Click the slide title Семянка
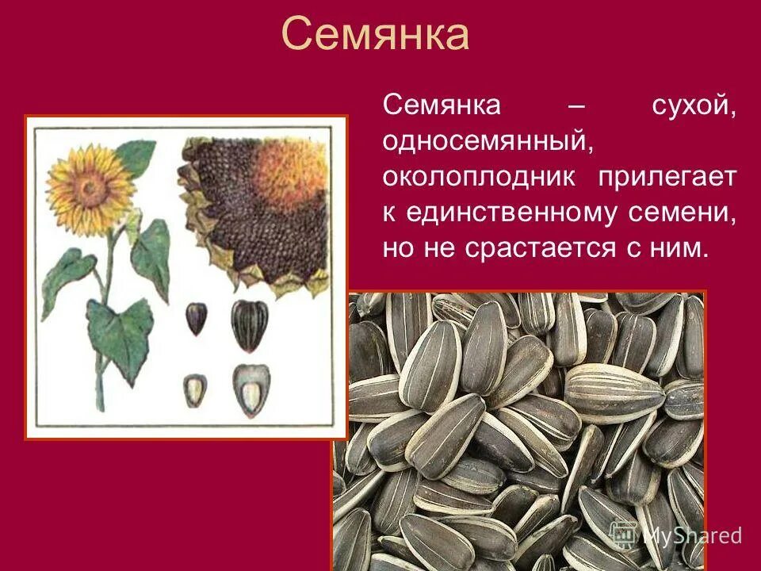click(375, 35)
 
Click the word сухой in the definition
click(694, 106)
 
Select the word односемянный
click(488, 142)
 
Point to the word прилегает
click(667, 177)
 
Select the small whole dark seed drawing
click(195, 318)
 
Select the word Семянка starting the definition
click(431, 106)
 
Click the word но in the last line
click(400, 248)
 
